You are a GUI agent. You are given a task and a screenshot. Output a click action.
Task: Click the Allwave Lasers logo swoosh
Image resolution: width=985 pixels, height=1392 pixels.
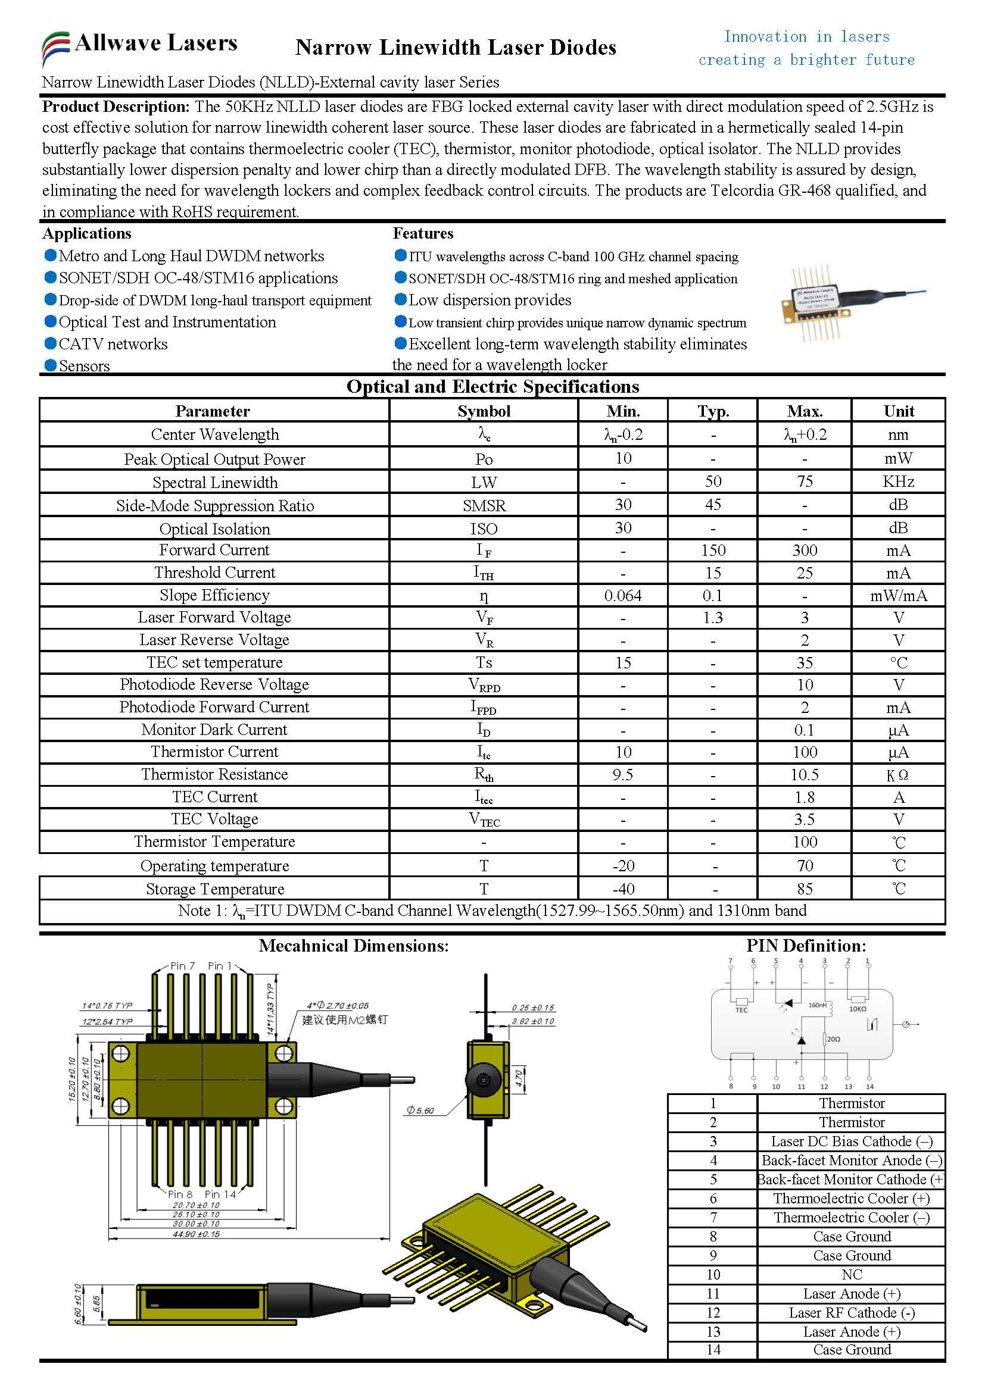click(55, 47)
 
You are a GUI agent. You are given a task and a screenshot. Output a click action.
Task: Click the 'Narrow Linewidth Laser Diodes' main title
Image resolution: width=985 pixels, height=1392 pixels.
click(456, 47)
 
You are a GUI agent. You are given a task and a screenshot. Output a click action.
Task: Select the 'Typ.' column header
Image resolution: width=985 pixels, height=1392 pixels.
click(713, 411)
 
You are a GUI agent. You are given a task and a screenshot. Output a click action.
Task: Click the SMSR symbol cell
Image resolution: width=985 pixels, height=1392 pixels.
click(484, 506)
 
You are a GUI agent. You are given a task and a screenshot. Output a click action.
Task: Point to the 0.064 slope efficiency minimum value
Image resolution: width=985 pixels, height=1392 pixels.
click(622, 596)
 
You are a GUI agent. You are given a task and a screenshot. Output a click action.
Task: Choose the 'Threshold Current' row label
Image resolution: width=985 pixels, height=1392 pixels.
click(214, 573)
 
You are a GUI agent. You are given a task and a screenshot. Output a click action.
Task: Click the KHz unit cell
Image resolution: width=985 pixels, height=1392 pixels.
click(897, 481)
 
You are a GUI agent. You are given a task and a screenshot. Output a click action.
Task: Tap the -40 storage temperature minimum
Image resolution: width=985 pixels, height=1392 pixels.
click(622, 889)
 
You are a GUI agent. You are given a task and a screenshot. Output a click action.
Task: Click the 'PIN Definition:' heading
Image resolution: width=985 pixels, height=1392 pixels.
click(806, 946)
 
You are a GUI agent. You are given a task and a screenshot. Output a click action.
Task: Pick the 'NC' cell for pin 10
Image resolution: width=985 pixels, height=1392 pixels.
click(851, 1274)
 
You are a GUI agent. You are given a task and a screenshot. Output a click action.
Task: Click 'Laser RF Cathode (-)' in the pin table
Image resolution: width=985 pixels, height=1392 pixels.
click(851, 1313)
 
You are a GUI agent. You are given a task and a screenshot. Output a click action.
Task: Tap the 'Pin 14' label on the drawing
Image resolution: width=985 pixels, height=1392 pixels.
click(220, 1194)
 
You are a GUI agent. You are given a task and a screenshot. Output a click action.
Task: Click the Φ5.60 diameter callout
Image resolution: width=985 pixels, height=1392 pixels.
click(420, 1110)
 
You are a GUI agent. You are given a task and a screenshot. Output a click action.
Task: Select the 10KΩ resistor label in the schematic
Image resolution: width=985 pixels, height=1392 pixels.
click(857, 1009)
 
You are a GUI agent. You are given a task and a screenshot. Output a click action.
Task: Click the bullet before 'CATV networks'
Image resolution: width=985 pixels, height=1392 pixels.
click(51, 343)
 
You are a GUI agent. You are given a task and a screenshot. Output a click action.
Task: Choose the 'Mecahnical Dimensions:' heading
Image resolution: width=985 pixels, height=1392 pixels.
click(354, 946)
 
